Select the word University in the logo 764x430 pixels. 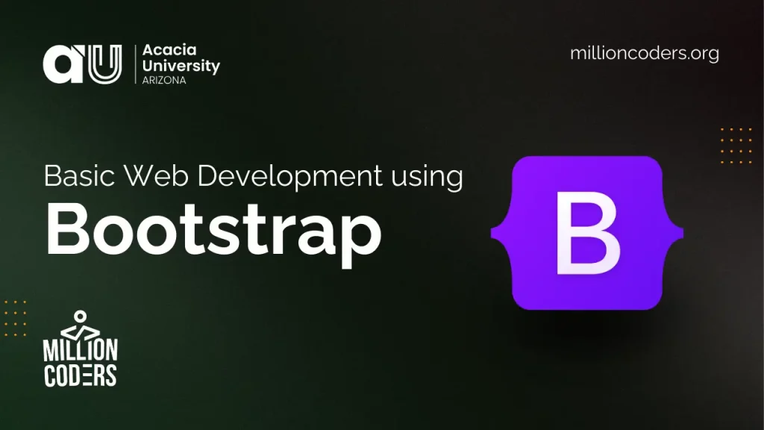click(x=181, y=66)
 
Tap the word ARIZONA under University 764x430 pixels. click(x=163, y=81)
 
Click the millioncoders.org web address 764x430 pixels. click(x=644, y=53)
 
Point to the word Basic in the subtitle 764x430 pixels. click(x=80, y=176)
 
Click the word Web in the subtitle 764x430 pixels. click(x=156, y=176)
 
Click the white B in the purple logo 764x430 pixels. click(x=588, y=233)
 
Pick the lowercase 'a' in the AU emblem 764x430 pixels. click(x=63, y=64)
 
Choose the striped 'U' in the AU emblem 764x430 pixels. click(x=104, y=64)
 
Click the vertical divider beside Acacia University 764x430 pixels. click(x=136, y=64)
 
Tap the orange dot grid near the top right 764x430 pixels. click(x=736, y=146)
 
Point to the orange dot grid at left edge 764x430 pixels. click(x=15, y=318)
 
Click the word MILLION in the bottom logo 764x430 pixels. click(x=81, y=350)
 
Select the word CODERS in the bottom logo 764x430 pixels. click(x=81, y=375)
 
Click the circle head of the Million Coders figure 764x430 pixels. click(x=80, y=317)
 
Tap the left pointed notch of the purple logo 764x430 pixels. click(x=492, y=233)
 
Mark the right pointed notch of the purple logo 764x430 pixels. click(x=682, y=233)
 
